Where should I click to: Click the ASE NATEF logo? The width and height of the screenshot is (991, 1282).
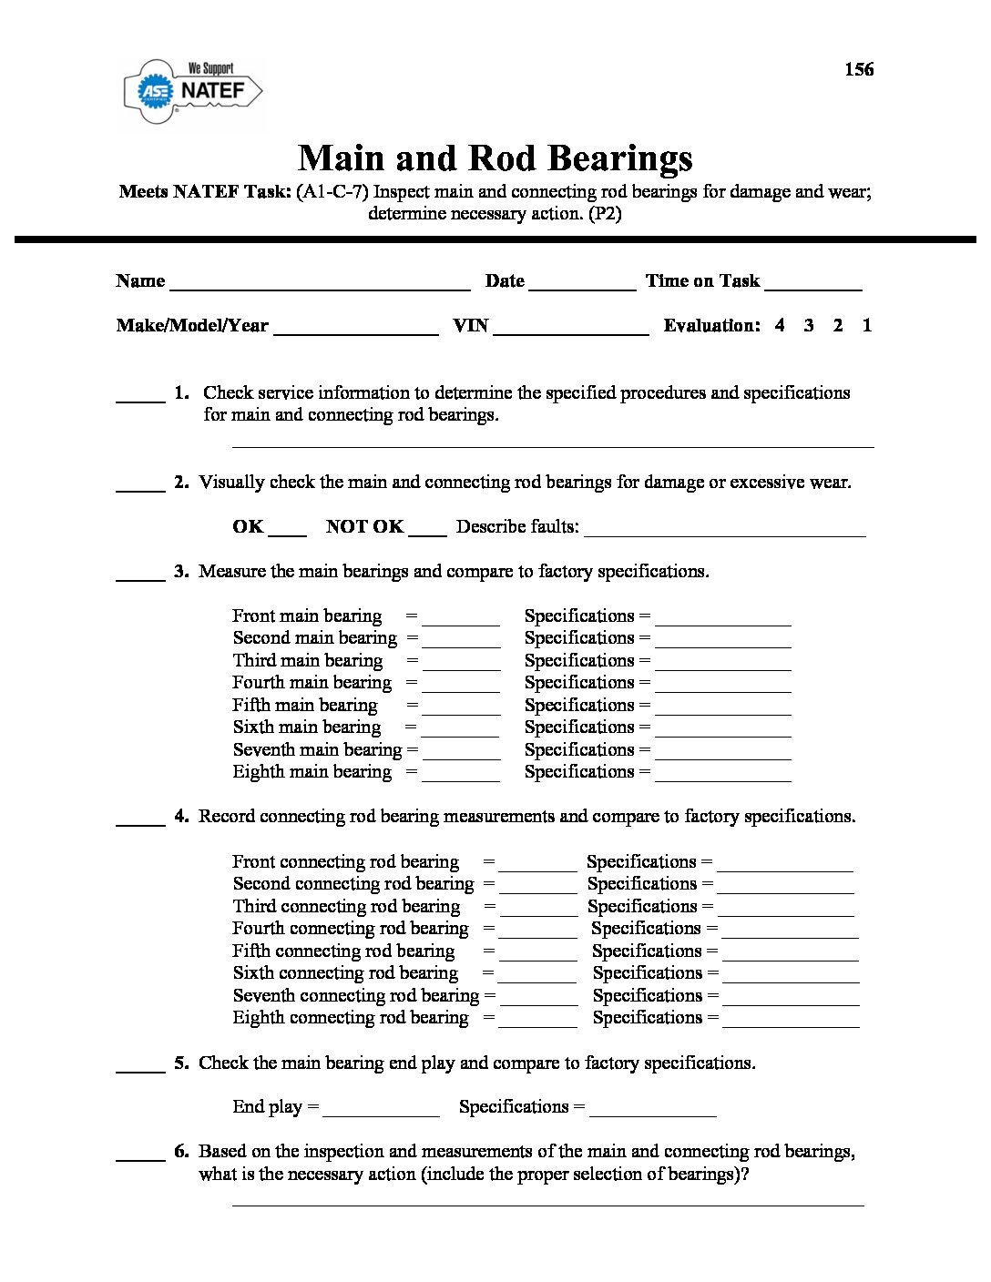pyautogui.click(x=192, y=90)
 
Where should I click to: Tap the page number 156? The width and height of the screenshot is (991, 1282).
pyautogui.click(x=858, y=69)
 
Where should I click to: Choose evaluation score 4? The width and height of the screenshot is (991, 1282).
pyautogui.click(x=780, y=325)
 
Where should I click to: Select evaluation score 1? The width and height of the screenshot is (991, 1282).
pyautogui.click(x=866, y=325)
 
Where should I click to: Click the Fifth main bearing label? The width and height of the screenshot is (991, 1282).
pyautogui.click(x=305, y=706)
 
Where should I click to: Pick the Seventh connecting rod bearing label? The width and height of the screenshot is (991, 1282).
pyautogui.click(x=355, y=995)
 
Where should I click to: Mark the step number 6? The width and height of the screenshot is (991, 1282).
pyautogui.click(x=181, y=1152)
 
